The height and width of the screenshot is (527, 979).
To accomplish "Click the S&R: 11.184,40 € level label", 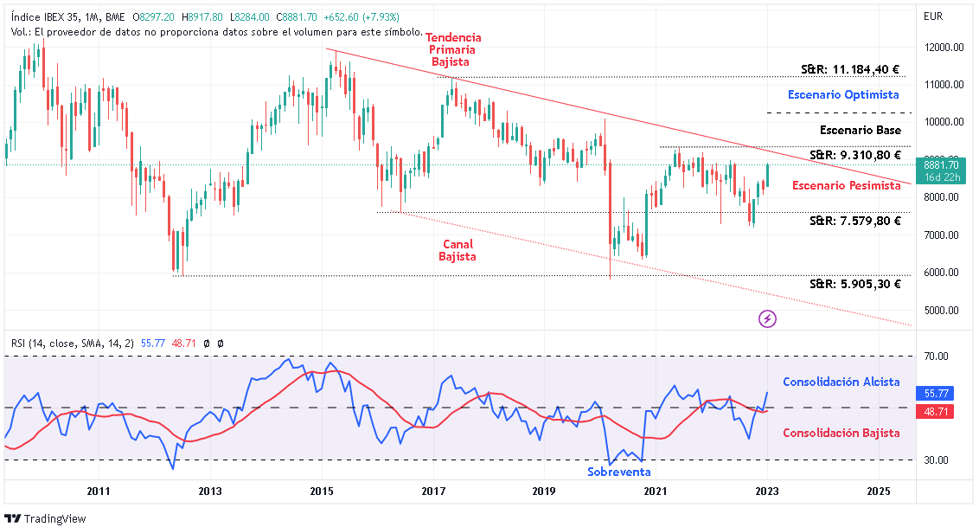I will click(x=850, y=70).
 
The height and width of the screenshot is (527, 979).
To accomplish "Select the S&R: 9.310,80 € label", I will click(x=854, y=156).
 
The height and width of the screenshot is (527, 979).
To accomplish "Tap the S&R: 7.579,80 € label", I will click(x=854, y=221).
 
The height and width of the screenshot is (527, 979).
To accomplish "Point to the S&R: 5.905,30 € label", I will click(x=854, y=284).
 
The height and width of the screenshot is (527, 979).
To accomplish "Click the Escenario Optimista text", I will click(x=843, y=94).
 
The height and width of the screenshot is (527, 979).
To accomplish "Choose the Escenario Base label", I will click(x=860, y=131).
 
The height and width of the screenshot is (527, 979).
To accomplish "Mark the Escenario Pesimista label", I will click(x=846, y=185).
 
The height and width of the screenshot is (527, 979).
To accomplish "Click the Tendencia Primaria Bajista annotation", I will click(x=453, y=49).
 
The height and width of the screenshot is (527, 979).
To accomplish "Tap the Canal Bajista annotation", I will click(x=457, y=250).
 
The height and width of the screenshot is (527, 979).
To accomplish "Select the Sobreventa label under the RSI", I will click(x=618, y=472).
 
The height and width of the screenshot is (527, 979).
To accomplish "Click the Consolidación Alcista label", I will click(x=841, y=382).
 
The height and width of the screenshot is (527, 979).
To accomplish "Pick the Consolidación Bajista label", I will click(x=841, y=433).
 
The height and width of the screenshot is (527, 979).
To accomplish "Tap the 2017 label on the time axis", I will click(x=432, y=492).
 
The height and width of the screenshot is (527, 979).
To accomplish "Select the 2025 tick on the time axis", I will click(x=878, y=492).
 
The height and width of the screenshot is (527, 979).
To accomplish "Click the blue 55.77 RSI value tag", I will click(x=937, y=393).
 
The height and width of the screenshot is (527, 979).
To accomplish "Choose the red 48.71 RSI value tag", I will click(x=937, y=412).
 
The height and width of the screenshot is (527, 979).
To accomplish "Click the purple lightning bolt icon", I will click(x=767, y=319).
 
